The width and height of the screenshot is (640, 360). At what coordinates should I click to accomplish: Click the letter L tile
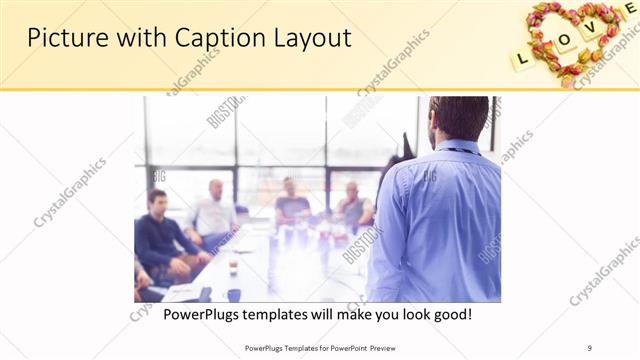(x=522, y=59)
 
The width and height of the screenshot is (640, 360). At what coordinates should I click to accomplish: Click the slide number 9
(x=590, y=347)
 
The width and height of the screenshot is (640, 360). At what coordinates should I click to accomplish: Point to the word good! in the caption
(x=451, y=315)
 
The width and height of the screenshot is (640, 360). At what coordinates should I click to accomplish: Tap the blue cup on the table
(x=234, y=294)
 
